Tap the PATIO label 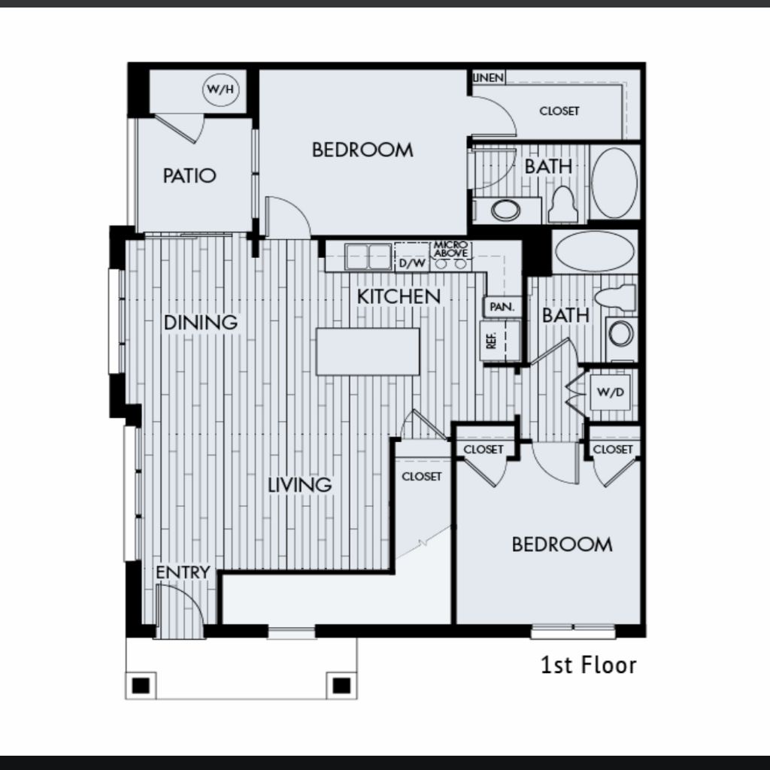point(189,175)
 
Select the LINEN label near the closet point(489,77)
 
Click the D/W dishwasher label point(412,263)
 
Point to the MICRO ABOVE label point(450,249)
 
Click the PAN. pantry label point(502,307)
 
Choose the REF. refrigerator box point(500,340)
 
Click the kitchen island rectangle point(368,352)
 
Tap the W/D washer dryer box point(610,392)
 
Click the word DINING point(200,323)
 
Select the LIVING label point(299,485)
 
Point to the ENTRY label point(183,572)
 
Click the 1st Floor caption point(588,665)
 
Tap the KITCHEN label point(399,296)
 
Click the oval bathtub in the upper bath point(614,182)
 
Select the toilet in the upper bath point(562,205)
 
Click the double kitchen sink point(368,256)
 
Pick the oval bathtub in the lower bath point(594,251)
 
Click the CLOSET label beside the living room point(421,476)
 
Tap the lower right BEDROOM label point(562,544)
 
